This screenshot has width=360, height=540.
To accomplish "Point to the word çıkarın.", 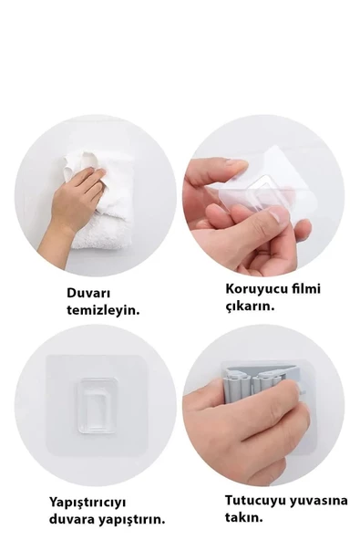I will point(250,306).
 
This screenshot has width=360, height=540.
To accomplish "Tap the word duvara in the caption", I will point(75,518).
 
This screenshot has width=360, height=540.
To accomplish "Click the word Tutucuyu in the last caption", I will point(253,499).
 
